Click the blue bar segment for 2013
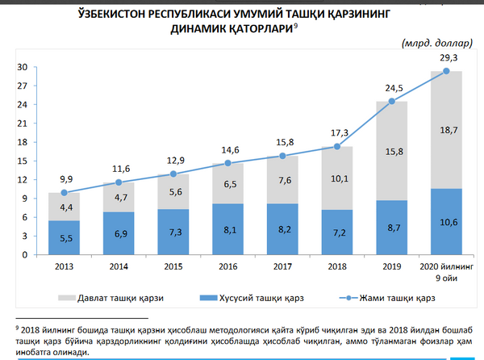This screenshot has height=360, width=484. click(64, 237)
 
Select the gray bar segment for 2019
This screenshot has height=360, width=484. click(392, 151)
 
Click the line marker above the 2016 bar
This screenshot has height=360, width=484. click(227, 163)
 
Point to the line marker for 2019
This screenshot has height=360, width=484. click(392, 101)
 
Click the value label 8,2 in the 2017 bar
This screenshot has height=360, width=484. click(282, 229)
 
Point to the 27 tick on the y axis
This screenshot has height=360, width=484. click(23, 86)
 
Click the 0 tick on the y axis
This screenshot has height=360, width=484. click(27, 255)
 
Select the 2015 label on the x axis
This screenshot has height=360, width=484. click(173, 266)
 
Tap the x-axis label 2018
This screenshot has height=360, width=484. click(337, 266)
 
